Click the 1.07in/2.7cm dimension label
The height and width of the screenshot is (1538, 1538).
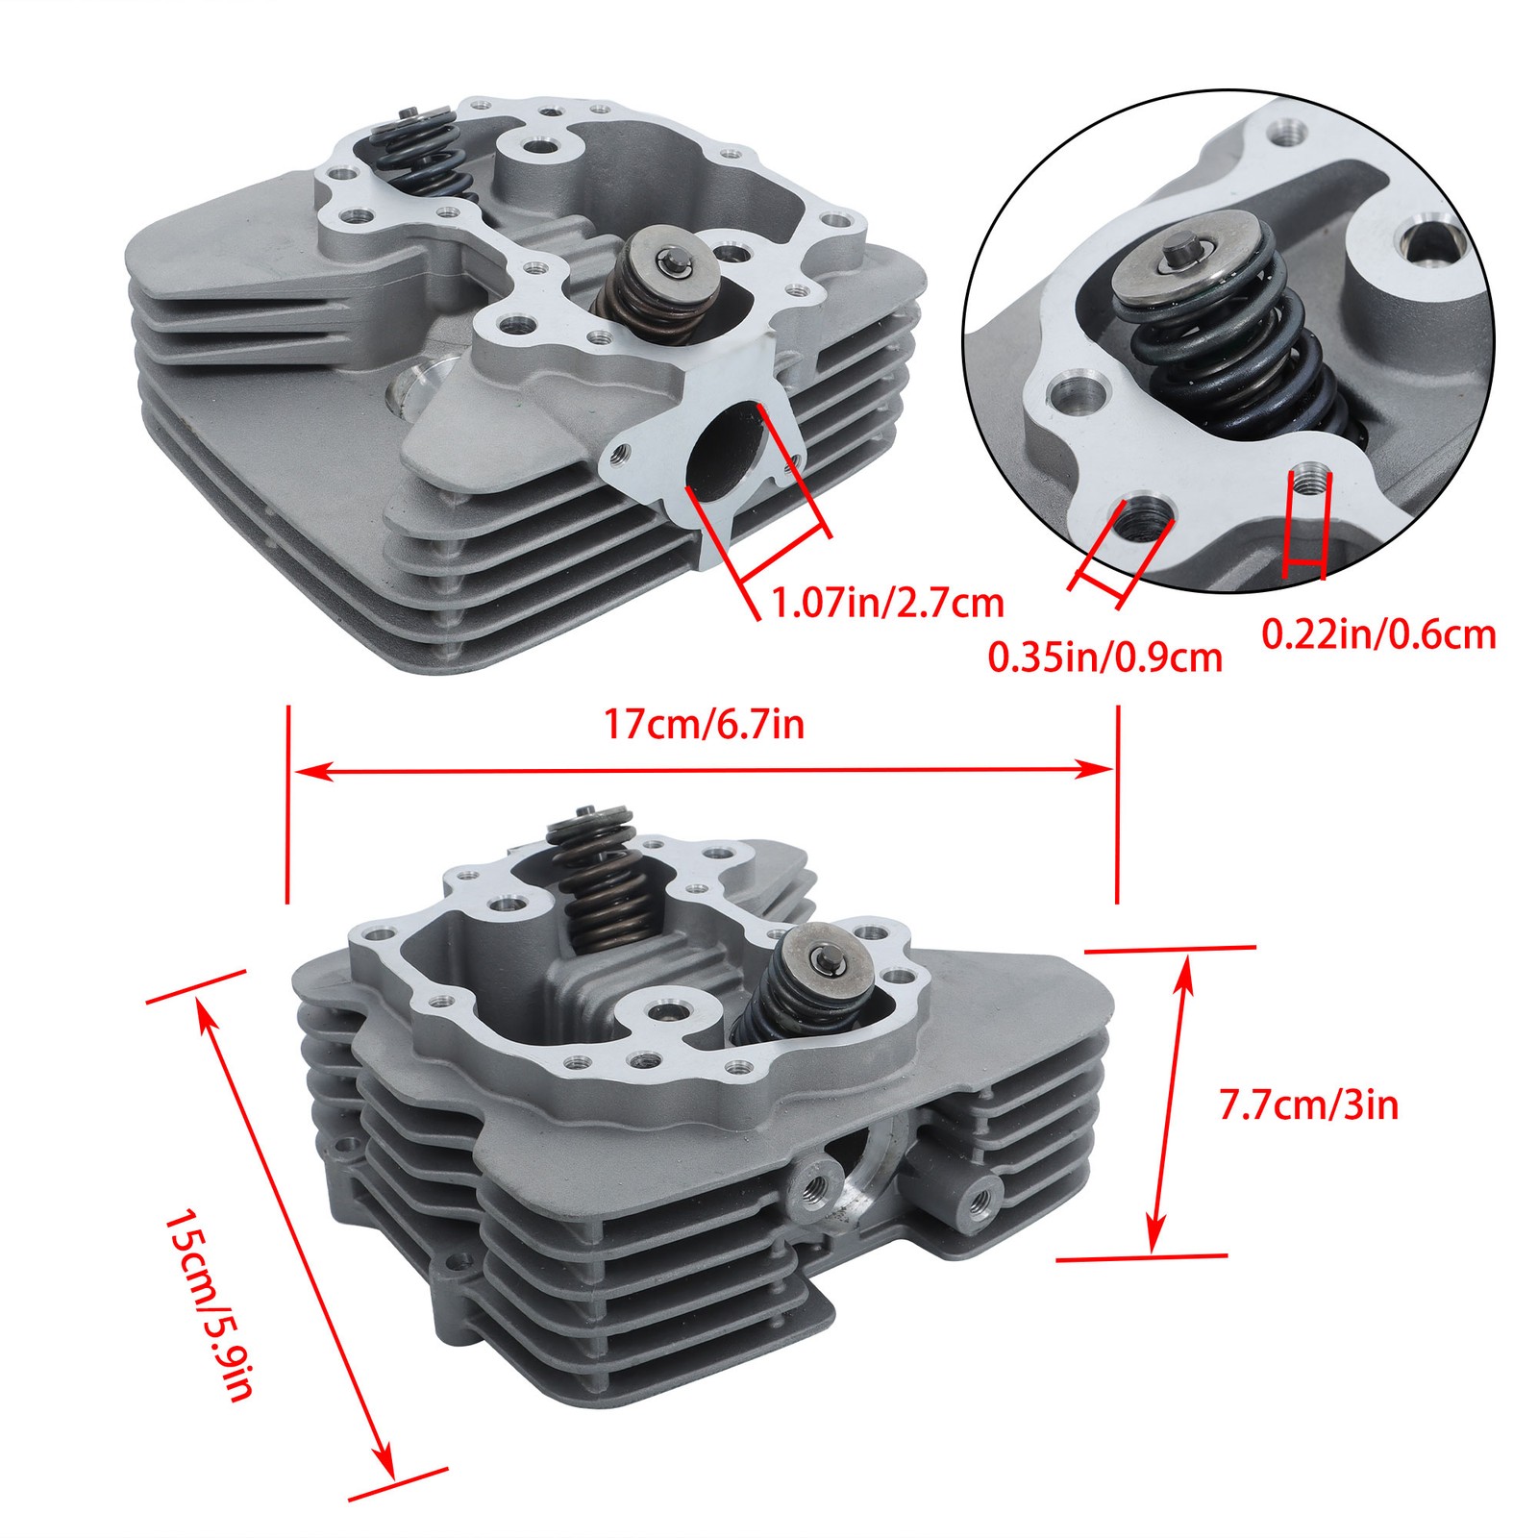[x=888, y=603]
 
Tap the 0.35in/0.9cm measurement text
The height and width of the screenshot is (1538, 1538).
[x=1105, y=657]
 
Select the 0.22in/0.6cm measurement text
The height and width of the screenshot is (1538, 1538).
[x=1378, y=634]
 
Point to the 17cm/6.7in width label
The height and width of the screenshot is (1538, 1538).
[x=704, y=723]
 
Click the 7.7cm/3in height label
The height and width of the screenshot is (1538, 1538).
[x=1308, y=1105]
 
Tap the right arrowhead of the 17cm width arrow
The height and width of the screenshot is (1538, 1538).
[x=1095, y=768]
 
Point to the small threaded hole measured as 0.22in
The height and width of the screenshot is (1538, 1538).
[x=1308, y=477]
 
